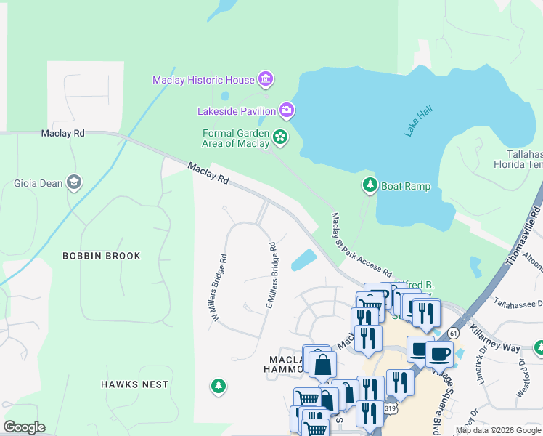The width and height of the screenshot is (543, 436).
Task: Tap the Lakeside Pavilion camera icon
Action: coord(287,110)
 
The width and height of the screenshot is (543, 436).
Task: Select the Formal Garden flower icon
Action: coord(279,136)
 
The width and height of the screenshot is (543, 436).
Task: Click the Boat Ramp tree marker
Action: coord(370,185)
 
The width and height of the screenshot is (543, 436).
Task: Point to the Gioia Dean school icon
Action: coord(73,182)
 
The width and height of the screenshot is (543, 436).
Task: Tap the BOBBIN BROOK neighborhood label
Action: coord(101,256)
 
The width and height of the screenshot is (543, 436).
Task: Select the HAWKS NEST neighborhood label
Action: coord(134,384)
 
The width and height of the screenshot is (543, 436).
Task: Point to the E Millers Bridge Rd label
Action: coord(271,275)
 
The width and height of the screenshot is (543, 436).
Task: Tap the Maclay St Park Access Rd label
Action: coord(361,240)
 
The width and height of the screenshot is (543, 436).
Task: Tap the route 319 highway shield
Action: coord(391,409)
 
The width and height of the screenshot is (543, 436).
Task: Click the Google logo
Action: coord(23,427)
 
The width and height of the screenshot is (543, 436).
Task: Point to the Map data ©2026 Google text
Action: coord(498,430)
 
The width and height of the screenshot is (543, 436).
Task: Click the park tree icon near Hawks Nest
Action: coord(218,385)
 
